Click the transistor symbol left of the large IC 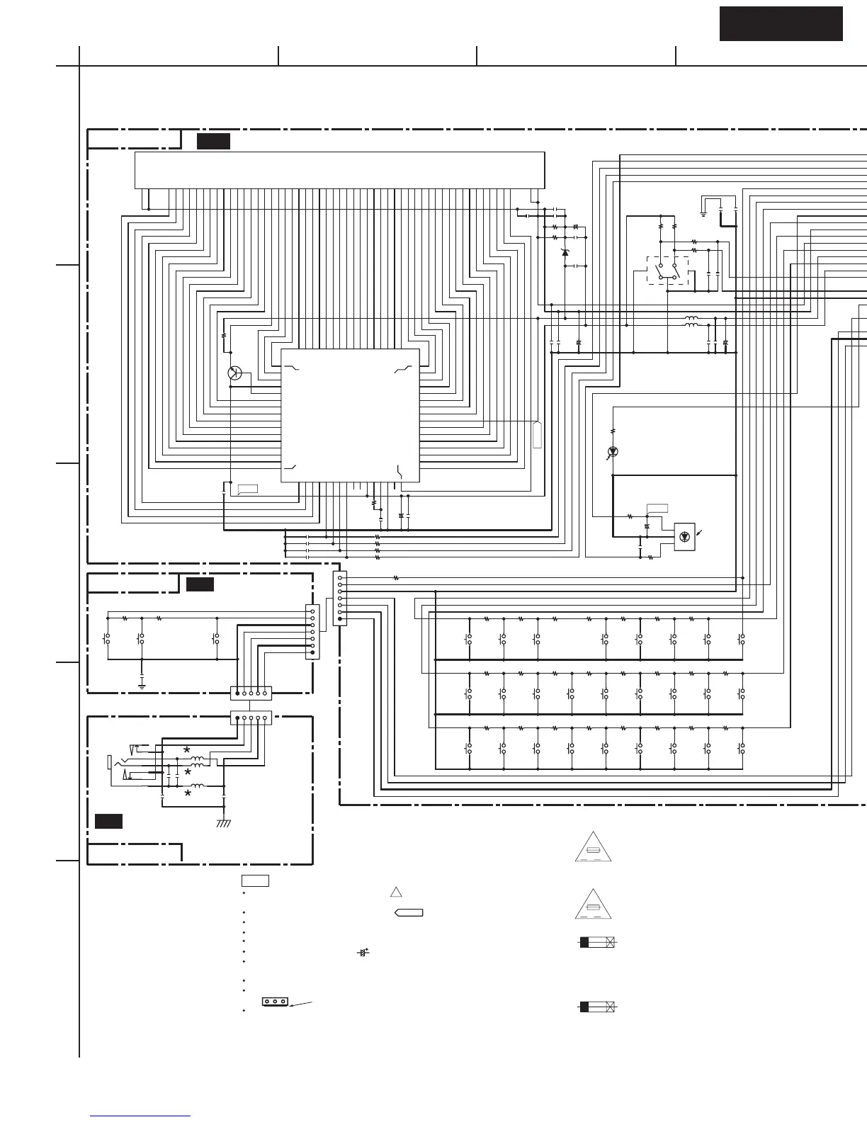point(235,374)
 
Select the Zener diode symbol point(565,252)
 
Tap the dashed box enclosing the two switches point(667,271)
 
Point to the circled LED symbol point(613,451)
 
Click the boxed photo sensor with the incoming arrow point(684,536)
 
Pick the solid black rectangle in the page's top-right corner point(781,24)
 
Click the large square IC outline point(350,415)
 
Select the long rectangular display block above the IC point(339,170)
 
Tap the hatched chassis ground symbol point(224,823)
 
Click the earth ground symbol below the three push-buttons point(142,685)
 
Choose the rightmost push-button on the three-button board point(216,639)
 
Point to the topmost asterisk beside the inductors point(187,749)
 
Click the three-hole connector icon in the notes point(275,1002)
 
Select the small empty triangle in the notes point(396,892)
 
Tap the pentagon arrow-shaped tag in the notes point(409,912)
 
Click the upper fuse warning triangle point(593,848)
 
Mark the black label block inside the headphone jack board point(108,821)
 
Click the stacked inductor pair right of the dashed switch point(691,322)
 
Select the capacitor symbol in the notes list point(363,953)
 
